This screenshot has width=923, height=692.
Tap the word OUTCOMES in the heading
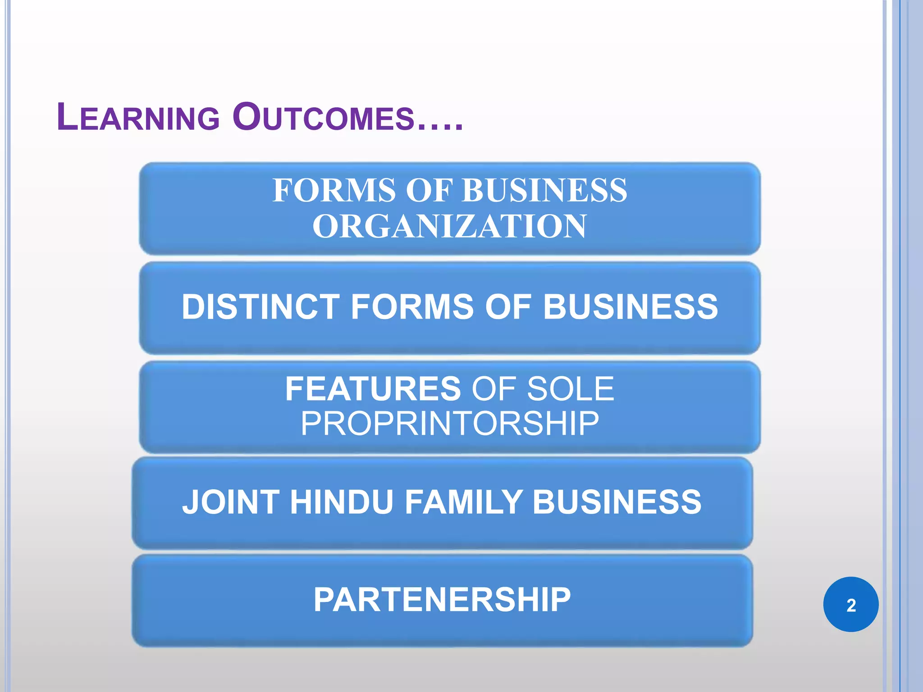coord(324,118)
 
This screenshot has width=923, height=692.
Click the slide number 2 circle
coord(850,605)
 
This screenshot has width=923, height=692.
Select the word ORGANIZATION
coord(449,226)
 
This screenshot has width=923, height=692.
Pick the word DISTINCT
coord(260,307)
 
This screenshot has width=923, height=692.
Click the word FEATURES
coord(373,389)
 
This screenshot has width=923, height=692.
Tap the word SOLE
coord(570,389)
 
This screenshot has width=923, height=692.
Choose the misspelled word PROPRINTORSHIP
coord(449,423)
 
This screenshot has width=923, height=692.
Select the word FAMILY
coord(463,502)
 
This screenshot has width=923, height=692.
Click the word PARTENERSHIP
coord(442,600)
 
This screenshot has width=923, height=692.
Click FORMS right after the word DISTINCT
coord(412,307)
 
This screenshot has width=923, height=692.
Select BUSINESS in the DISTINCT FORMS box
coord(630,307)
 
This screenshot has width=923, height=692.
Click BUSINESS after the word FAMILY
coord(617,502)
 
